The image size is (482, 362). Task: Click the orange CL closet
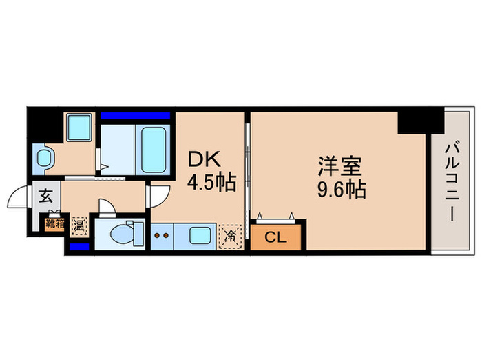click(275, 238)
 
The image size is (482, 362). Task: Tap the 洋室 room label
click(340, 166)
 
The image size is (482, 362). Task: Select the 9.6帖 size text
click(340, 189)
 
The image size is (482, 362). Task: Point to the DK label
click(205, 160)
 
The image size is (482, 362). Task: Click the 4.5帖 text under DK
click(212, 183)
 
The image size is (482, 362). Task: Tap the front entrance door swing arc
click(19, 199)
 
